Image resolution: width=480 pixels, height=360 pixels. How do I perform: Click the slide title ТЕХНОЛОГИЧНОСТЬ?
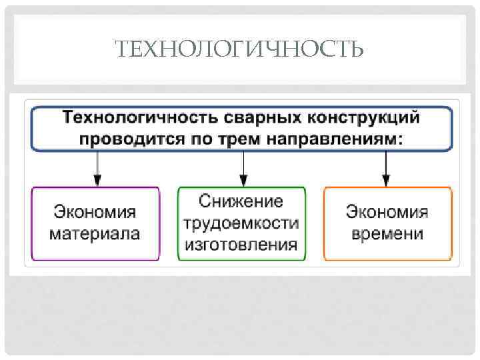(x=239, y=49)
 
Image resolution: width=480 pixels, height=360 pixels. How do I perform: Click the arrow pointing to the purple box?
(x=98, y=167)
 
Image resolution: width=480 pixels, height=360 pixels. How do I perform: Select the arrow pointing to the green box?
(x=243, y=167)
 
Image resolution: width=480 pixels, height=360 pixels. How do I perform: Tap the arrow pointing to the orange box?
(x=385, y=167)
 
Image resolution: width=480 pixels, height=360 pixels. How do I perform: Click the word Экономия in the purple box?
(x=95, y=213)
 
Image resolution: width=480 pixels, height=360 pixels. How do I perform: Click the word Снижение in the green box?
(x=241, y=201)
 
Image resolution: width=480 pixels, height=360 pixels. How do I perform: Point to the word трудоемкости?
(x=241, y=223)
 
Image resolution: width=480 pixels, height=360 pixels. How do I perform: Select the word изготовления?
(x=241, y=244)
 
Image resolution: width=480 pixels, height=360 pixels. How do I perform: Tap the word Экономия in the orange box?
(x=387, y=213)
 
